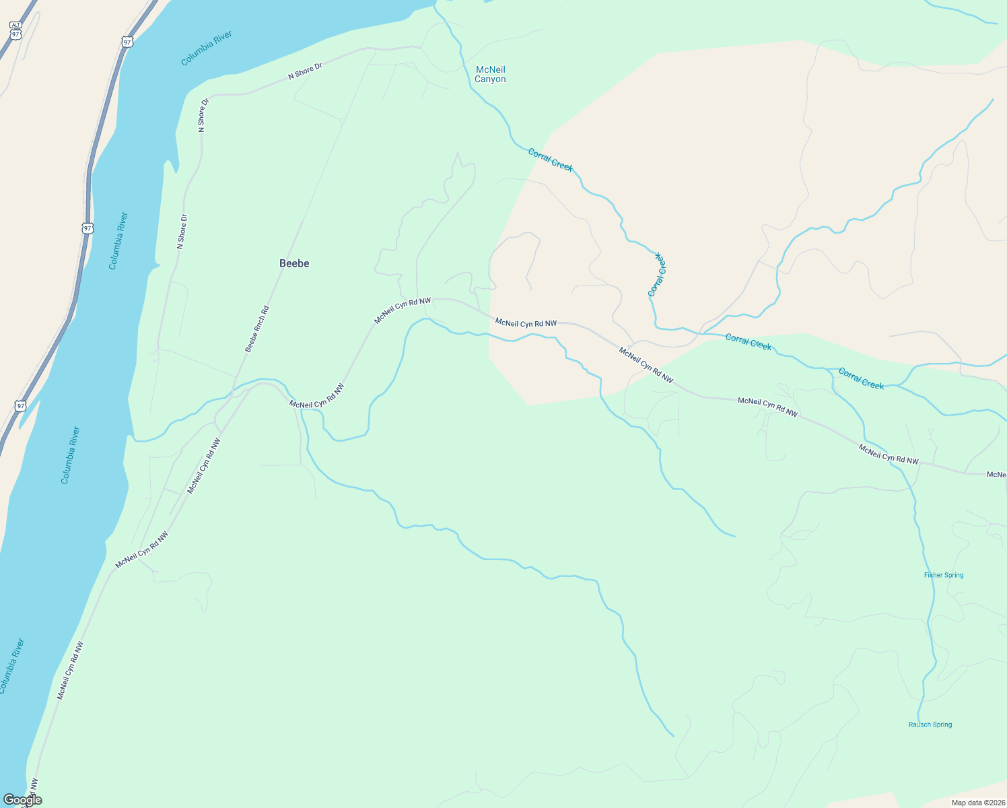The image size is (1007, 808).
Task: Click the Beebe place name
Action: (294, 263)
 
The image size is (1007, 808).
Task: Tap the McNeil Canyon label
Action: (490, 74)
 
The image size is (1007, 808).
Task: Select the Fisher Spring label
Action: (944, 575)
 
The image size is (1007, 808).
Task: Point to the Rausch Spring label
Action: (930, 725)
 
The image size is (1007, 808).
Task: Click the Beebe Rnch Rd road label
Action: (257, 329)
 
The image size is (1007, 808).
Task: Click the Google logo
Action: (22, 800)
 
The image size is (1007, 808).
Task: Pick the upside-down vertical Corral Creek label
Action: (657, 275)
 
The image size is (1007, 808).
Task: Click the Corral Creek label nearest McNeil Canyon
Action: (550, 160)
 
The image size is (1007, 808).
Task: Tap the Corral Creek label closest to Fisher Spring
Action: (861, 378)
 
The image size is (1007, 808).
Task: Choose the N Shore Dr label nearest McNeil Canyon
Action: (305, 71)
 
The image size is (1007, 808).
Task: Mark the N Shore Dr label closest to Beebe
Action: (181, 232)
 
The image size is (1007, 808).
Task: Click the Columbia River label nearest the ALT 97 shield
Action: (207, 48)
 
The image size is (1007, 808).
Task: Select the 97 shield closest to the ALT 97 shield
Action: (127, 42)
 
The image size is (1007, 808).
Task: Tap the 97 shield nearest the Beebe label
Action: (88, 228)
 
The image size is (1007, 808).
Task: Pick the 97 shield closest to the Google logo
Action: (21, 406)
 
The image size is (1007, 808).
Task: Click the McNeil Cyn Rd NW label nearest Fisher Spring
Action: (889, 454)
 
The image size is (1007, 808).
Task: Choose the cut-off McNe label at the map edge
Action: (996, 475)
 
